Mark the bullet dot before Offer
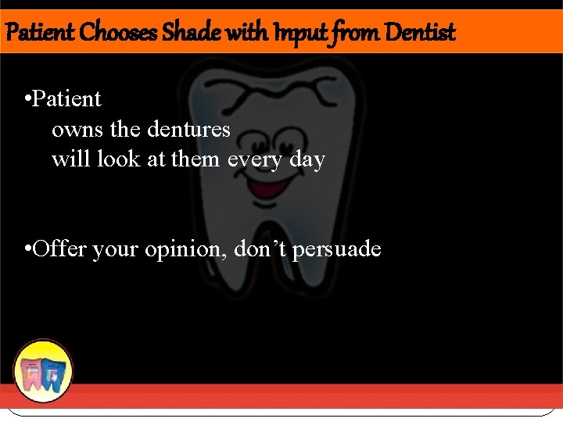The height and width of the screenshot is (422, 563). [x=27, y=250]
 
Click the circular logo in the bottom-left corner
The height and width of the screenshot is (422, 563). [x=43, y=371]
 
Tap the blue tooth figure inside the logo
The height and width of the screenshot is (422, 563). [x=52, y=374]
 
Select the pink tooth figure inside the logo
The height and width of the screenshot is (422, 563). [x=34, y=374]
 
